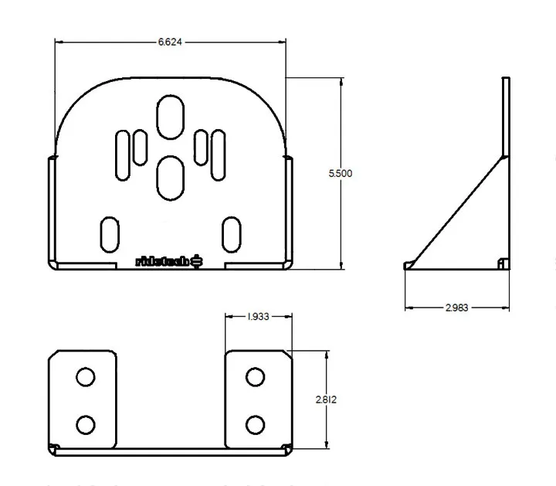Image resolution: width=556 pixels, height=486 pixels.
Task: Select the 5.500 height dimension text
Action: click(x=340, y=174)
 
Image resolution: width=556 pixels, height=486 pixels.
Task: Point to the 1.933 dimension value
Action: click(x=258, y=317)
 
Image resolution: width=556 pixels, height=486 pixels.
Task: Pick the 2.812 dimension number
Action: click(x=326, y=399)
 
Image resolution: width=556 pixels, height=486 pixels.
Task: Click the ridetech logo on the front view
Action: click(x=169, y=261)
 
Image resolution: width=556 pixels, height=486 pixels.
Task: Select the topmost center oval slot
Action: click(x=170, y=117)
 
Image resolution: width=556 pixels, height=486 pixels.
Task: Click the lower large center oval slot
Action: click(x=170, y=175)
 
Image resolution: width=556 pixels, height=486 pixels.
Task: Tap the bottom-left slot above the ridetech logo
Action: click(x=110, y=233)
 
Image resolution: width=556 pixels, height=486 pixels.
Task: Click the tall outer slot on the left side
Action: click(x=123, y=155)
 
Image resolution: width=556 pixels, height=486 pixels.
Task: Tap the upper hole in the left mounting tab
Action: click(x=86, y=377)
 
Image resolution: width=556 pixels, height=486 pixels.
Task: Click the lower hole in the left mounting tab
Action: click(x=86, y=424)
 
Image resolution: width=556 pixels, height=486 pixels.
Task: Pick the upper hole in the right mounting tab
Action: click(x=254, y=377)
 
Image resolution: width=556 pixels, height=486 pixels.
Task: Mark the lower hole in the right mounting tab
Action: click(x=254, y=424)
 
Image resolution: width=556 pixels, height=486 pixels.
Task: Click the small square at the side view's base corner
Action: click(x=503, y=263)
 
